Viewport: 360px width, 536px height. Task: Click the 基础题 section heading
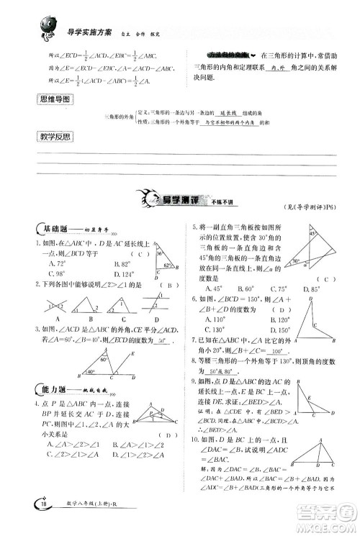57,230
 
